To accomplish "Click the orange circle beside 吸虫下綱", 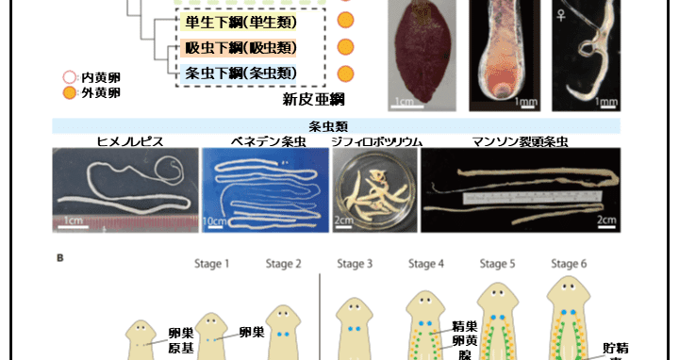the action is point(345,47).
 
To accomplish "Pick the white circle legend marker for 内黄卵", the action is point(68,78).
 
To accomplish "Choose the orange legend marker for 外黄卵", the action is point(68,92).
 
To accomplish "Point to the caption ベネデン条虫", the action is point(267,141).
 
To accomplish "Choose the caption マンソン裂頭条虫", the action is point(523,141).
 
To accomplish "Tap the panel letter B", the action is point(61,257).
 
